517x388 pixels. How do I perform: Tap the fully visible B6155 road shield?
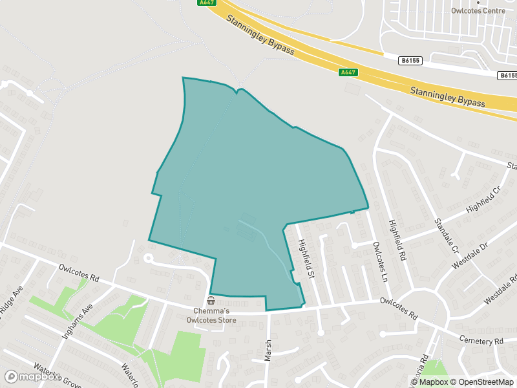pyautogui.click(x=410, y=61)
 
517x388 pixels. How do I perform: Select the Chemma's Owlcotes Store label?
pyautogui.click(x=211, y=315)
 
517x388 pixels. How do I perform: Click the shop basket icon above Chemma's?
pyautogui.click(x=211, y=301)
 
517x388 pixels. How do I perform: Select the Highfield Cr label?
pyautogui.click(x=483, y=201)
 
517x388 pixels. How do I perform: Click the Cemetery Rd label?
pyautogui.click(x=481, y=340)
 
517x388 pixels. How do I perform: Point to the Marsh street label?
pyautogui.click(x=268, y=350)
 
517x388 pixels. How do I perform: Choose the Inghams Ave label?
pyautogui.click(x=78, y=322)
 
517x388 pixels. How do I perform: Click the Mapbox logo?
pyautogui.click(x=30, y=376)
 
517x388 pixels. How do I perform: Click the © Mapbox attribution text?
pyautogui.click(x=430, y=382)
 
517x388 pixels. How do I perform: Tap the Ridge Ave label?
pyautogui.click(x=11, y=304)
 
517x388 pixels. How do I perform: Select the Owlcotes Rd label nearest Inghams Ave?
pyautogui.click(x=79, y=272)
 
